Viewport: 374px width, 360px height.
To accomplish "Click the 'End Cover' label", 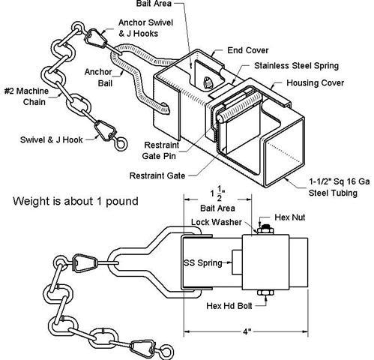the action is (x=247, y=50).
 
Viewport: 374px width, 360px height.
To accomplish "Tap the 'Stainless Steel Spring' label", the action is (x=296, y=66).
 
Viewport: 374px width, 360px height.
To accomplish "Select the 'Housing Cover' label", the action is (x=315, y=82).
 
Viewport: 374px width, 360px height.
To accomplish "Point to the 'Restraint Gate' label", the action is (x=157, y=175).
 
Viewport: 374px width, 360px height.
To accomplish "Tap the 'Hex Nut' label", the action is (x=290, y=217).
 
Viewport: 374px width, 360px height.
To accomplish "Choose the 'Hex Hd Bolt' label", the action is (x=229, y=306).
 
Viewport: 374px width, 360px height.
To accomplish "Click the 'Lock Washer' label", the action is (x=217, y=222).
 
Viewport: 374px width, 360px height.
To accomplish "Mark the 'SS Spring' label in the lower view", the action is (x=203, y=263).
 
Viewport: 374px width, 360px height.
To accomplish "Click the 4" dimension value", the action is (x=247, y=331).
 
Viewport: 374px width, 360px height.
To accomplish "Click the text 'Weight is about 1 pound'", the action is (x=76, y=201).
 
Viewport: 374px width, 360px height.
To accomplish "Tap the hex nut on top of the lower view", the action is (x=265, y=229).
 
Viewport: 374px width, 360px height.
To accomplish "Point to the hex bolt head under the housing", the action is (x=265, y=292).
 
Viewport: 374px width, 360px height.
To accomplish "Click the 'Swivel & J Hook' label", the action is (x=51, y=139).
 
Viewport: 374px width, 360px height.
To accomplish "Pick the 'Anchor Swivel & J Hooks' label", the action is (x=145, y=28).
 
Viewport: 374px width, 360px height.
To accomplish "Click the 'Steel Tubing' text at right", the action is (x=333, y=193).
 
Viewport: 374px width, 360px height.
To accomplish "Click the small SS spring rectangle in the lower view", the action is (x=237, y=262).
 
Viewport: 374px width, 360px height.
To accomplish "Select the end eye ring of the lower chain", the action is (x=166, y=350).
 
